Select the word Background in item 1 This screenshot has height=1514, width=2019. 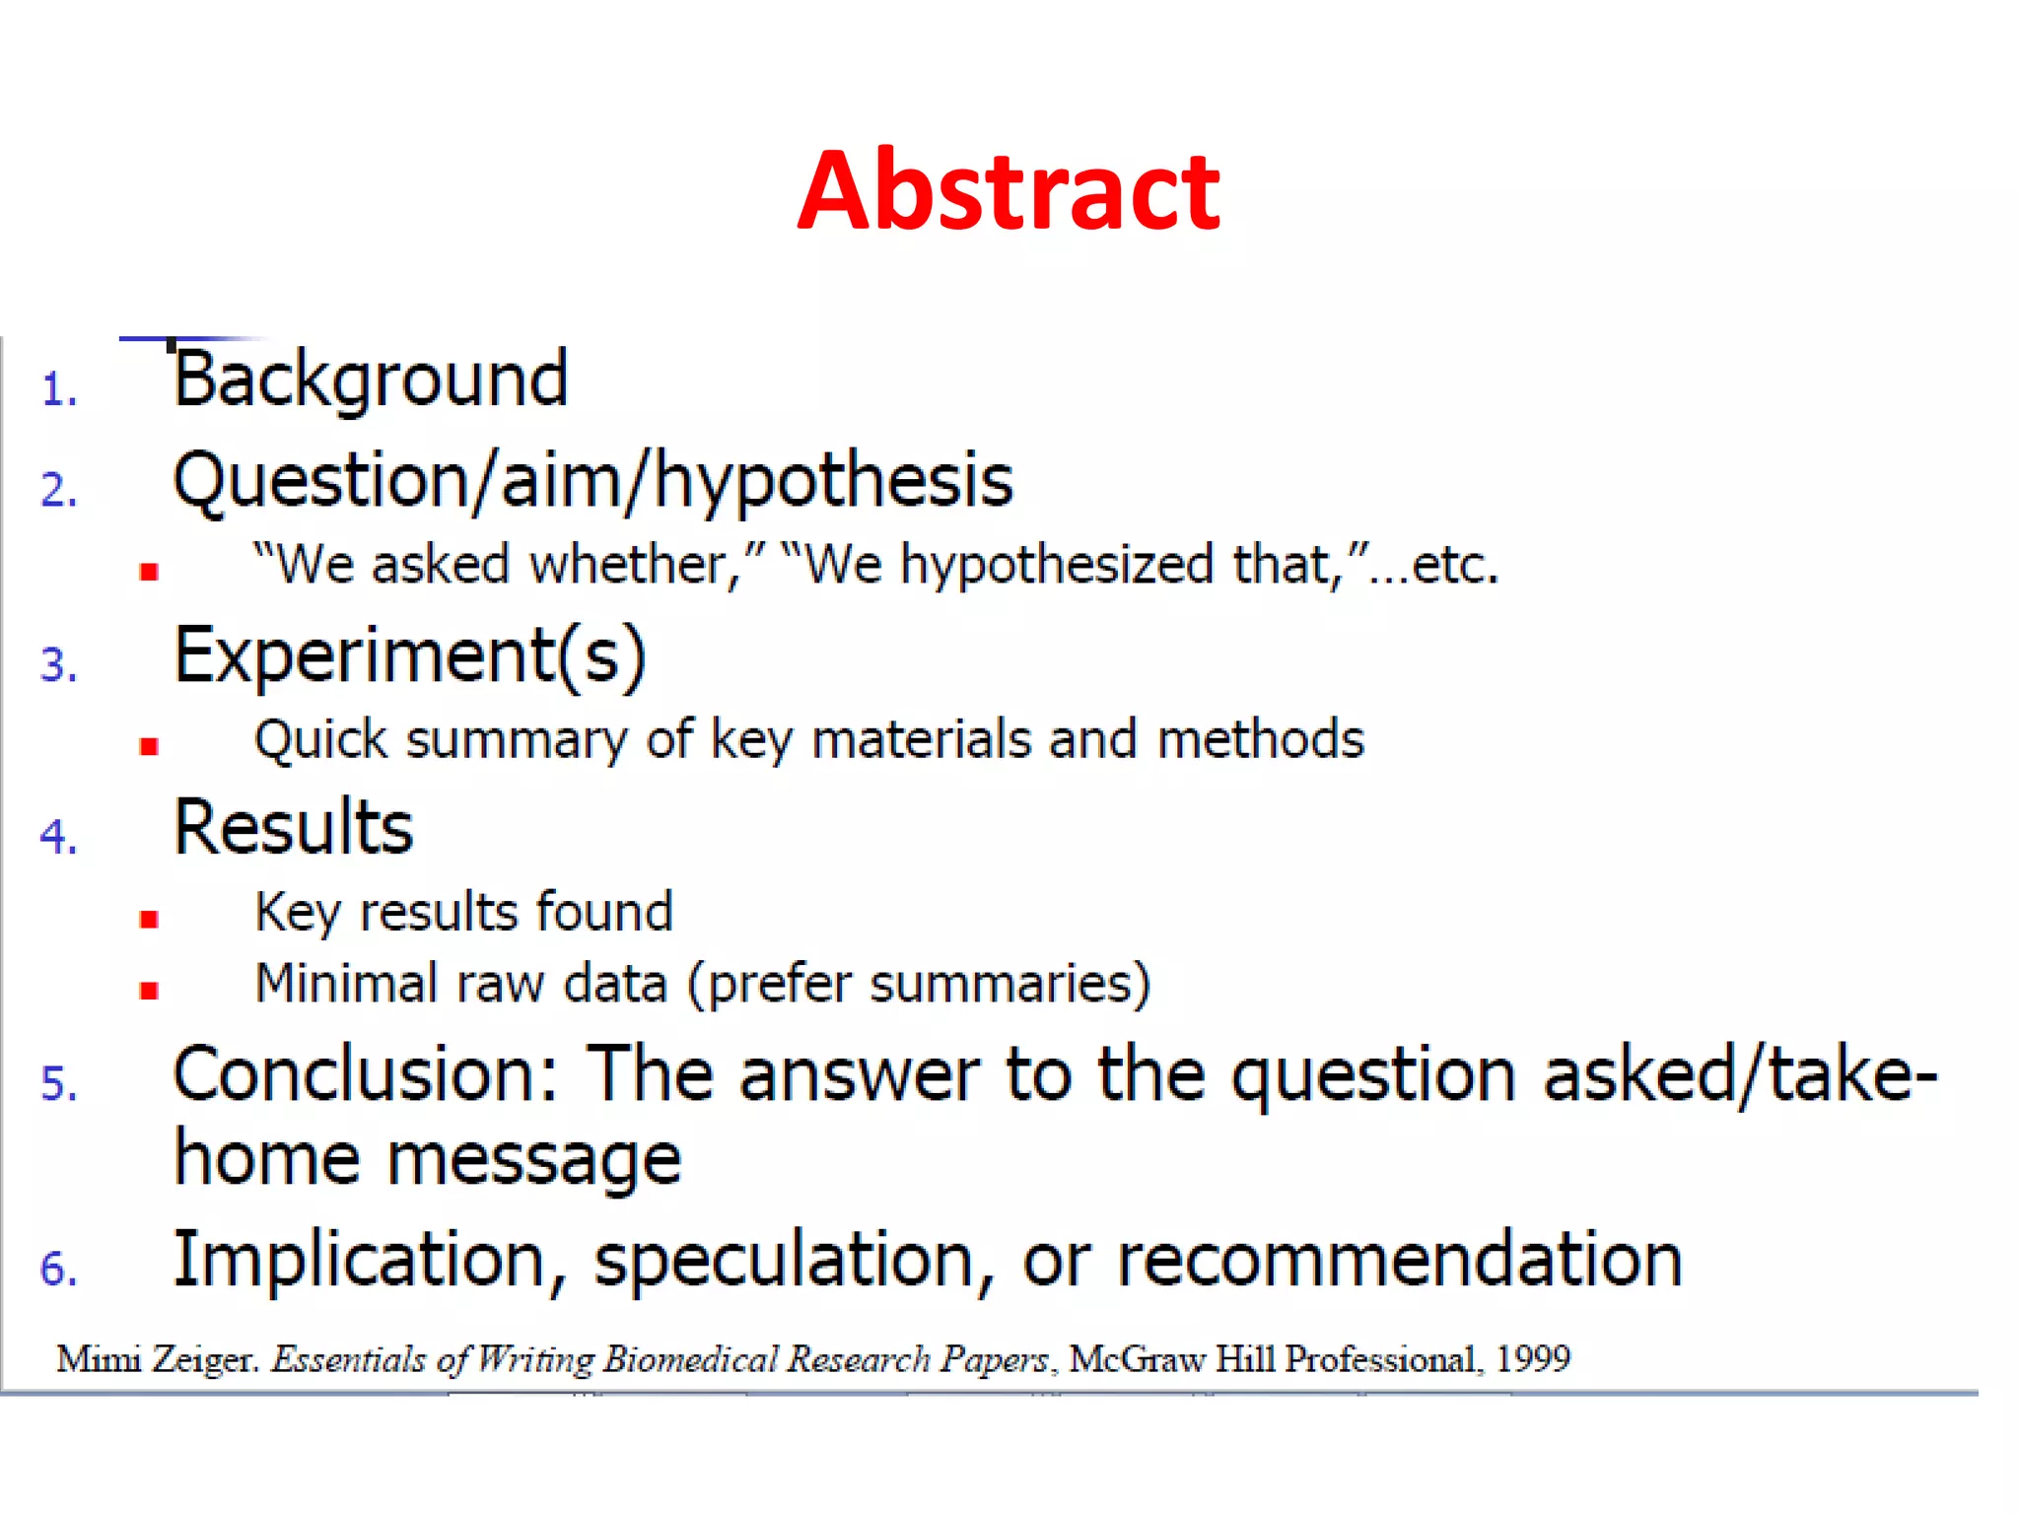pos(371,379)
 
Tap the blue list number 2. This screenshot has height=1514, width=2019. pos(58,490)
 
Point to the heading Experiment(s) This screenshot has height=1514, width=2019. pos(410,655)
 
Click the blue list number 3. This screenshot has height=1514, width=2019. pos(58,664)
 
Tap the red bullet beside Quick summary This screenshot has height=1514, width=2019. pos(149,746)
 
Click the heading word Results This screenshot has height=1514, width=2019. pos(294,828)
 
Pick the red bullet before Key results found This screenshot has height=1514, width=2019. pos(149,920)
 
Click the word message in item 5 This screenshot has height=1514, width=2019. pos(533,1159)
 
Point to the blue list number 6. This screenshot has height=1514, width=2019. pos(58,1269)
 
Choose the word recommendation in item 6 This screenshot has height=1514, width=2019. pos(1399,1261)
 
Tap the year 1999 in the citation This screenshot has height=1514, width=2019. pos(1532,1359)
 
